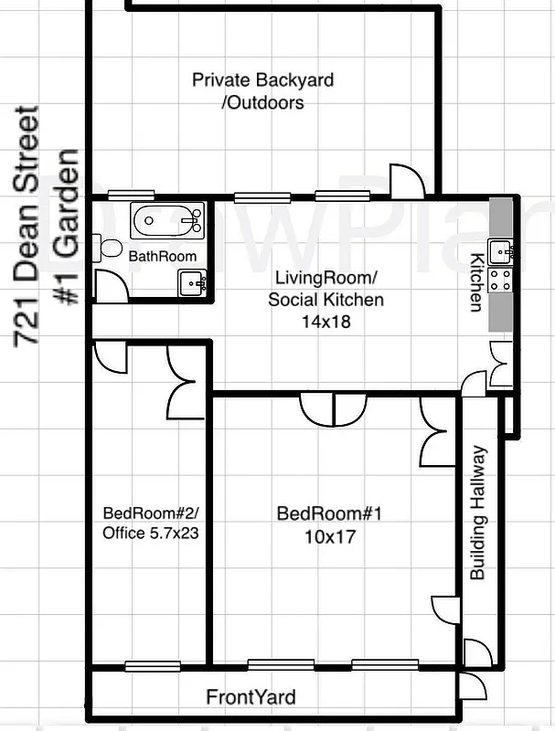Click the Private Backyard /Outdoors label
pyautogui.click(x=262, y=91)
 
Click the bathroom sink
pyautogui.click(x=192, y=282)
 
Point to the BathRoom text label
pyautogui.click(x=162, y=257)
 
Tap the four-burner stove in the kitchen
pyautogui.click(x=501, y=280)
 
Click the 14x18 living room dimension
pyautogui.click(x=326, y=322)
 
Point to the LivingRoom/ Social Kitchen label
pyautogui.click(x=326, y=288)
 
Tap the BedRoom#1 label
pyautogui.click(x=328, y=514)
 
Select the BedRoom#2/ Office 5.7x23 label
pyautogui.click(x=151, y=524)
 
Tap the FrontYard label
pyautogui.click(x=251, y=697)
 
